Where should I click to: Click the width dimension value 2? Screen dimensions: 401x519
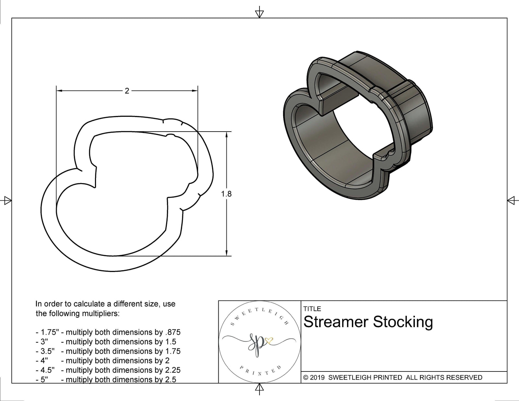click(127, 91)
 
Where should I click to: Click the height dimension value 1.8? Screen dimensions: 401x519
click(226, 194)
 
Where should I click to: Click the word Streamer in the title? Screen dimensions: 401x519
click(336, 322)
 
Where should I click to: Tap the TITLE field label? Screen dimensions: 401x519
click(312, 309)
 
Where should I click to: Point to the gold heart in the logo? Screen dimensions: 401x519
click(269, 340)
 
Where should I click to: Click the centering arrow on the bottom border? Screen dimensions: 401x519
click(259, 388)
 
